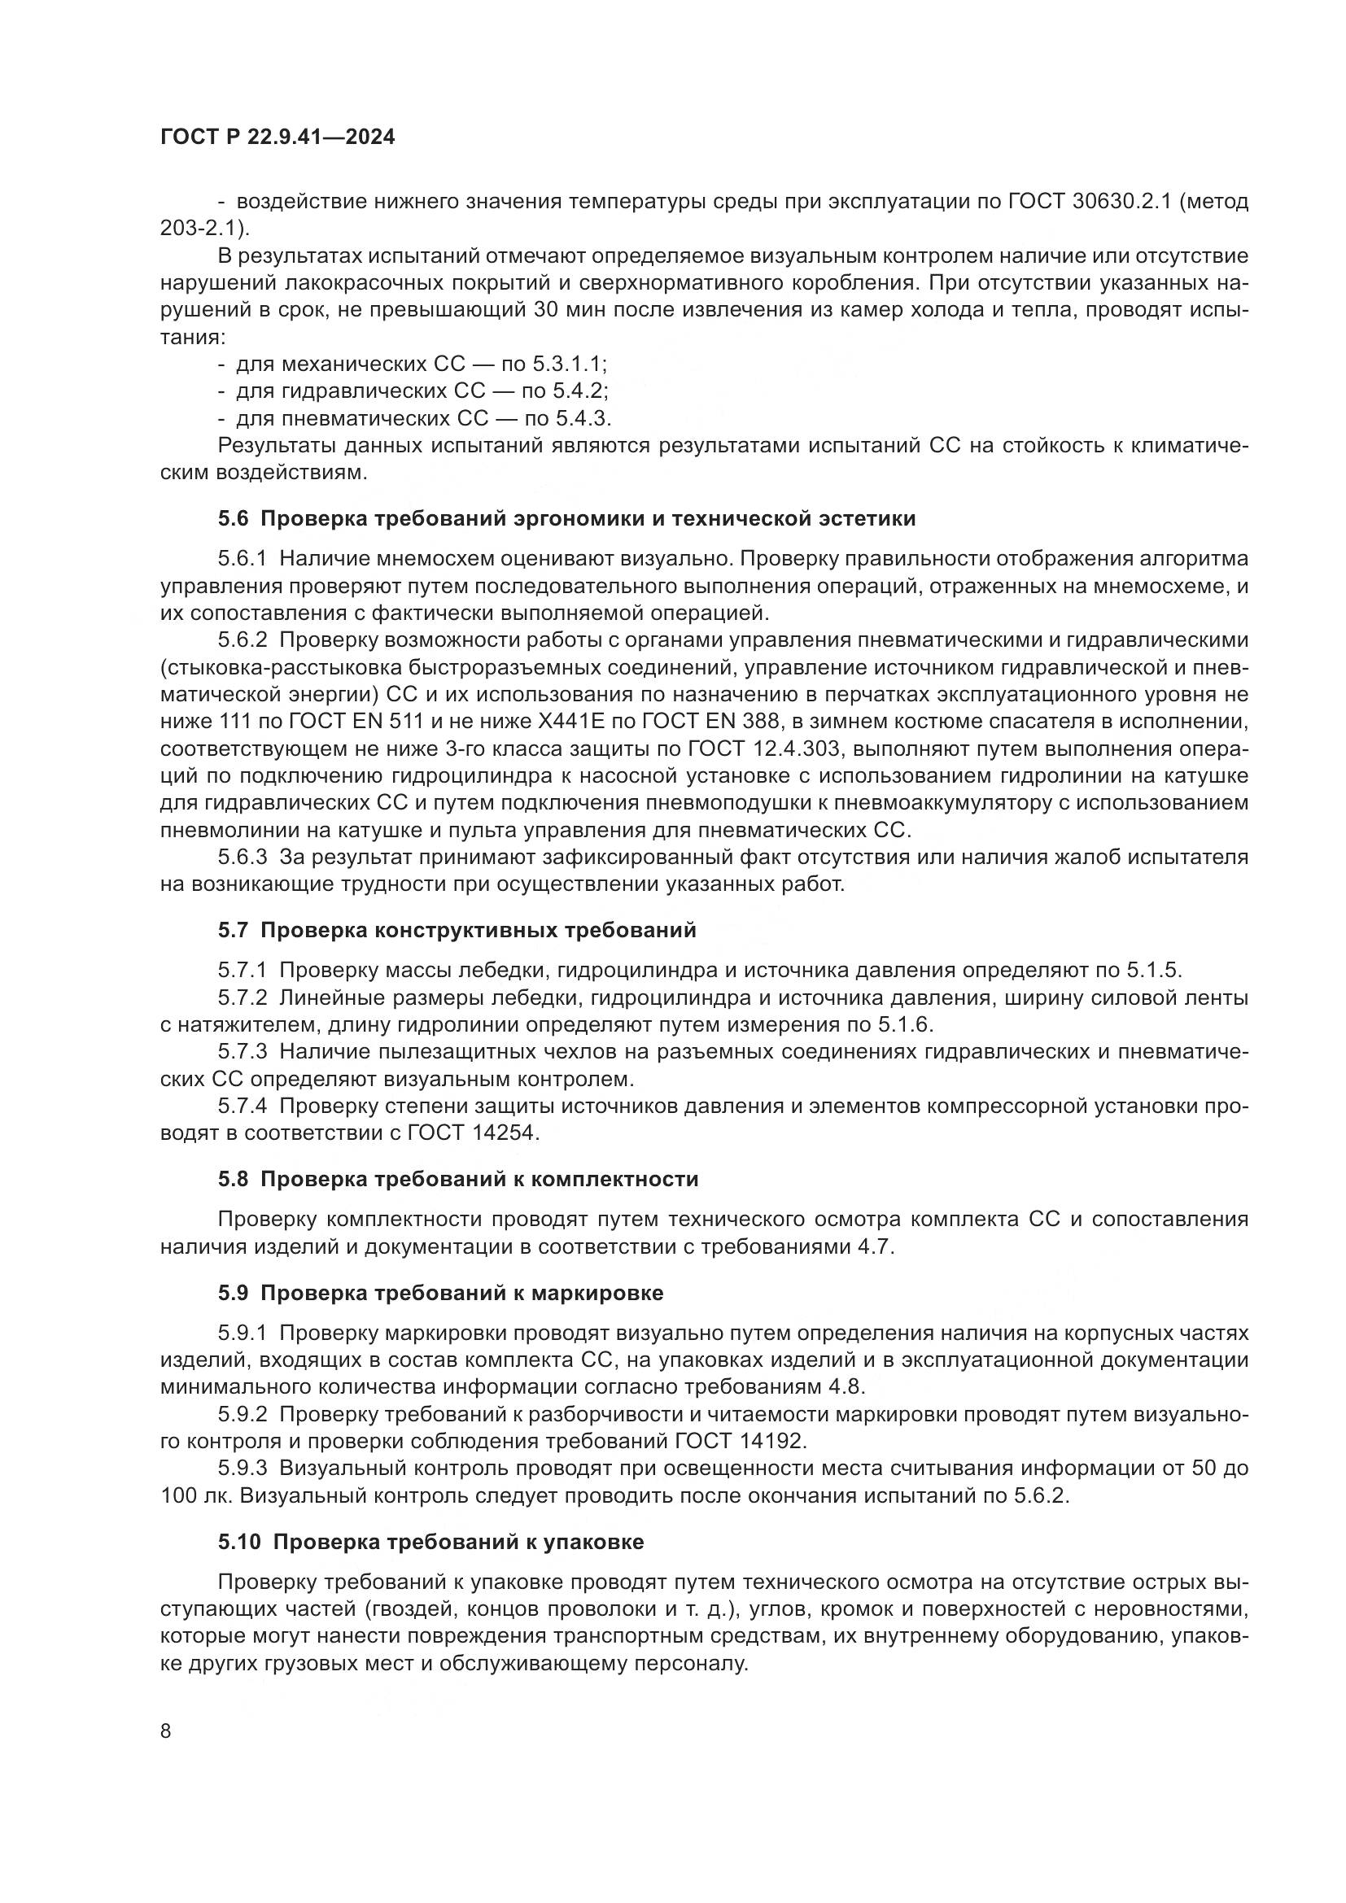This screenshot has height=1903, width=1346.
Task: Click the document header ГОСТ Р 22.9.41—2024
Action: click(278, 137)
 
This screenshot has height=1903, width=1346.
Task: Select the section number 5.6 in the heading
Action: click(233, 519)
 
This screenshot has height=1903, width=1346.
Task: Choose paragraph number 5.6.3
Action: click(243, 857)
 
